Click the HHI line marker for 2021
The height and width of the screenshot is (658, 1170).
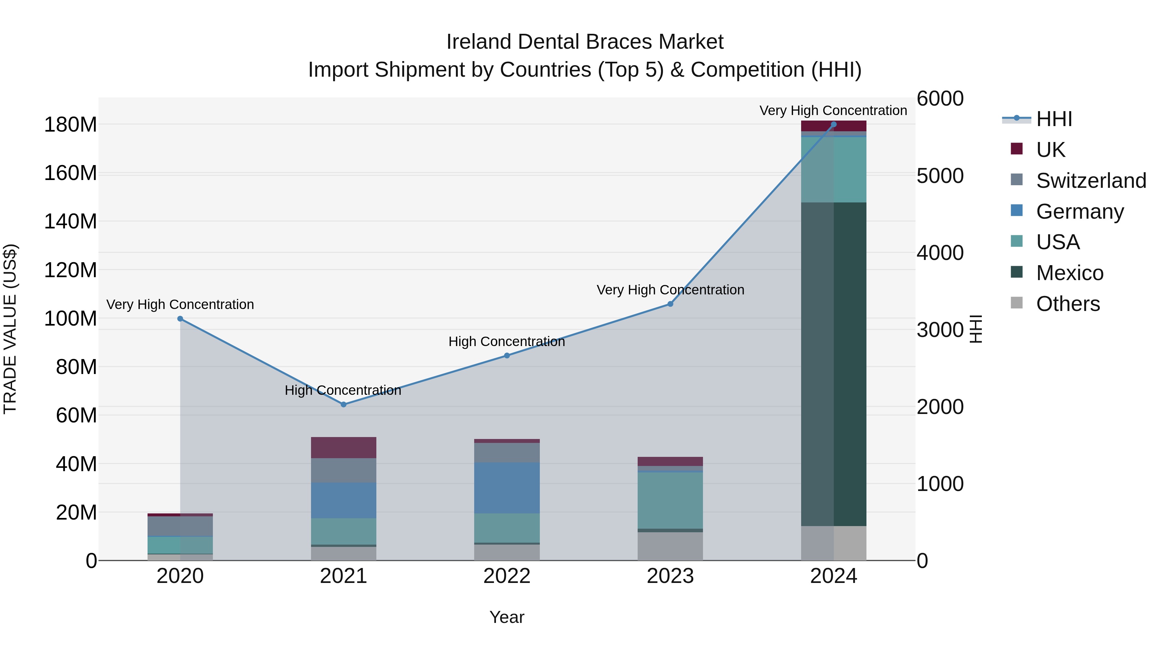[344, 404]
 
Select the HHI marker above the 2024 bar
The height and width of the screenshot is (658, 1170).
[833, 124]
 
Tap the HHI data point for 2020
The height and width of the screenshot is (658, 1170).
[180, 319]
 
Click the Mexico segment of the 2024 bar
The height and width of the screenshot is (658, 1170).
[833, 363]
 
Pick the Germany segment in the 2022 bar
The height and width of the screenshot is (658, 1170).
[507, 488]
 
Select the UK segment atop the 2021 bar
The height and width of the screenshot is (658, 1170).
[344, 447]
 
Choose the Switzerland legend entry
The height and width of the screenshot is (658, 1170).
[1090, 181]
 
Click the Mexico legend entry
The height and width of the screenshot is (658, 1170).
[1069, 273]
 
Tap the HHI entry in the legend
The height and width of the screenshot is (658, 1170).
[1054, 119]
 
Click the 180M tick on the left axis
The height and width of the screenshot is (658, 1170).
[71, 124]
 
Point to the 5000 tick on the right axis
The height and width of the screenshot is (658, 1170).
[940, 176]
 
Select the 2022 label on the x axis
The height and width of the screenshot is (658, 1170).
[507, 576]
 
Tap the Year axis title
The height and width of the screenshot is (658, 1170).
[507, 617]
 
